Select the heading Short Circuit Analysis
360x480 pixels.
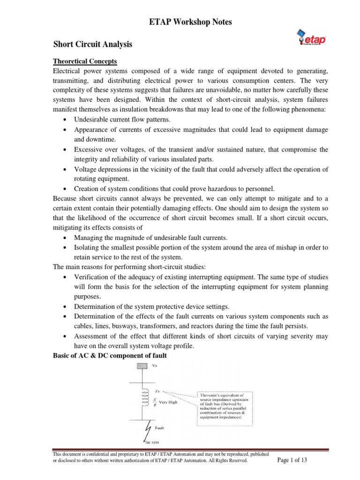[92, 45]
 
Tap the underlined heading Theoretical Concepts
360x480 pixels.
[85, 61]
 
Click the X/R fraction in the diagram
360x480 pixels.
[155, 402]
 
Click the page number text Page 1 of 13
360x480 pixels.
[292, 460]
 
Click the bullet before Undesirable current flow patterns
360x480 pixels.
[65, 120]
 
